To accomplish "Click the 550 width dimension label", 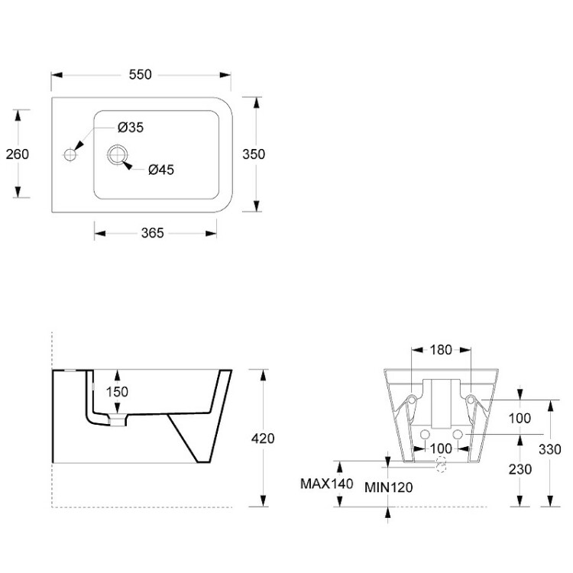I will tap(141, 74).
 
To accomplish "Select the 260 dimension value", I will tap(17, 154).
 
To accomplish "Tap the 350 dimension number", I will tap(254, 154).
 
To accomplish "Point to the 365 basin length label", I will tap(153, 232).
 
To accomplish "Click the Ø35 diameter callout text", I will tap(130, 128).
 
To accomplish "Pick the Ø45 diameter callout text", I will tap(160, 170).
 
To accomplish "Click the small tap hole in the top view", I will tap(70, 154).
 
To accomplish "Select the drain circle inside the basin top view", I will tap(118, 154).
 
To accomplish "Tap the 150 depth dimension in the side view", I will tap(117, 391).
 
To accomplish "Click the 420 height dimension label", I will tap(262, 439).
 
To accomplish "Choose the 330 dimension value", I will tap(561, 450).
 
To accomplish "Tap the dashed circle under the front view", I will tap(440, 465).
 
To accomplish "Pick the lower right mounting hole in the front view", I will tap(458, 434).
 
